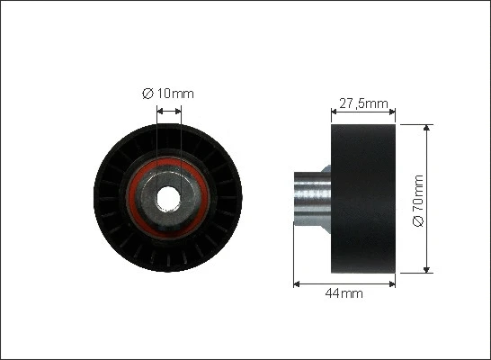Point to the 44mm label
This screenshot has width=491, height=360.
[344, 294]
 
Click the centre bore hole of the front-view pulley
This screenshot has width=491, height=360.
[168, 195]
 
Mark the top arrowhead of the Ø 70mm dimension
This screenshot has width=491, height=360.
[427, 128]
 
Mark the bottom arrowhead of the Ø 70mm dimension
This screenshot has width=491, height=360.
[427, 267]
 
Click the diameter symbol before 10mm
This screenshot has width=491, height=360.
[147, 93]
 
